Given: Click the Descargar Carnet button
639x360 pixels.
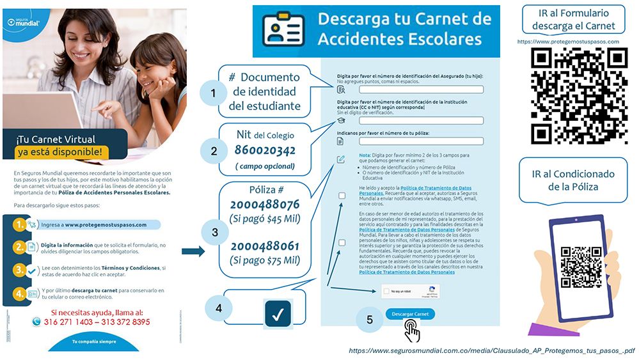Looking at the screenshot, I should [410, 314].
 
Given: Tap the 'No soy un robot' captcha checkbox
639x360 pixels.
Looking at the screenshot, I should [386, 292].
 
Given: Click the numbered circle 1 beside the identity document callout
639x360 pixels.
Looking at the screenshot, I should [213, 94].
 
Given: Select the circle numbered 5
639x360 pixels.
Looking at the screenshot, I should [370, 319].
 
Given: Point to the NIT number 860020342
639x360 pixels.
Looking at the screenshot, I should [265, 151].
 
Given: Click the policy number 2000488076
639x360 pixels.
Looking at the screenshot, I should [265, 205].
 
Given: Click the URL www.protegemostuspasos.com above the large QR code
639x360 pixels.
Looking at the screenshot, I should [568, 42].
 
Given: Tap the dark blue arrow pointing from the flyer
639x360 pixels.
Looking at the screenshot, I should [193, 251].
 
